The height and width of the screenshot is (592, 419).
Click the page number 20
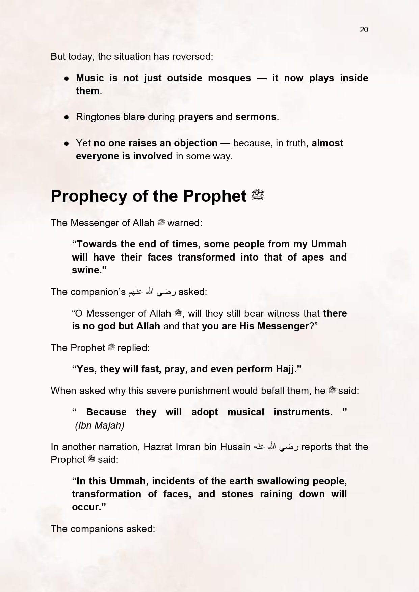point(364,30)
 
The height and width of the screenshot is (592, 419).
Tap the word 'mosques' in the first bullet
point(229,78)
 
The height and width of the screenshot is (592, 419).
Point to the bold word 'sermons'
point(256,117)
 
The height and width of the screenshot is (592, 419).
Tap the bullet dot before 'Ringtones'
point(67,117)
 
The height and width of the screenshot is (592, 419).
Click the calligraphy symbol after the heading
point(257,195)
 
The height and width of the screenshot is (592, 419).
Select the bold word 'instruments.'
point(303,412)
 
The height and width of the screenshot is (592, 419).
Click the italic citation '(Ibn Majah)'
point(100,425)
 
